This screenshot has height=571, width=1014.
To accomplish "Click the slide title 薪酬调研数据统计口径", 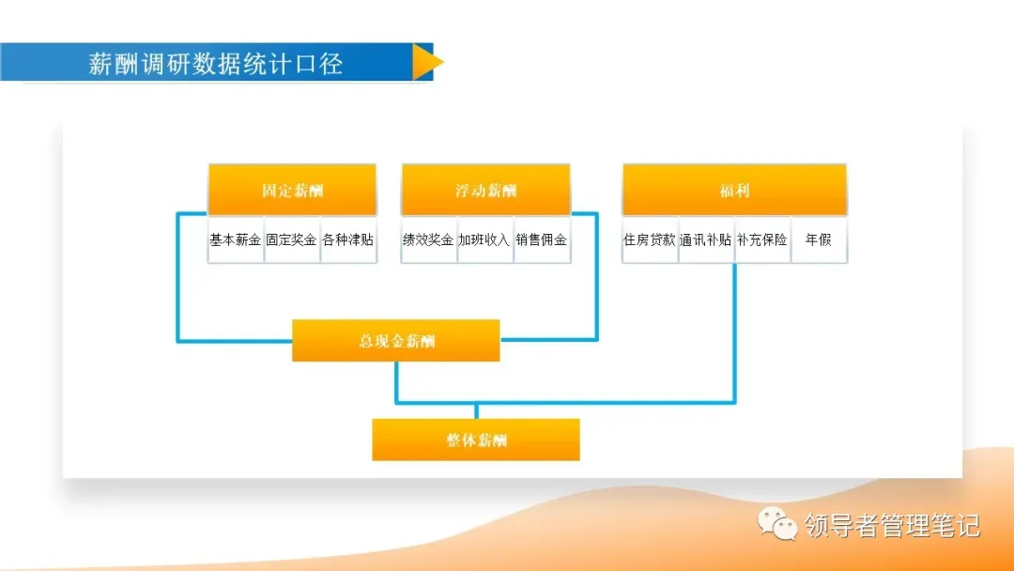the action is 215,63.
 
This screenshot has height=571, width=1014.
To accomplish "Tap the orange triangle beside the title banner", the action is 425,62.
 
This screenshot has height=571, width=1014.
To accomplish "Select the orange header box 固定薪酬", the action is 292,191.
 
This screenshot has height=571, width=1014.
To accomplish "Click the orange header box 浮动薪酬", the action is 485,191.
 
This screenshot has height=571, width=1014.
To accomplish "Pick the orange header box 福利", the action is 734,191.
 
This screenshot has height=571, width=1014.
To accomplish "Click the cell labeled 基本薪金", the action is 236,239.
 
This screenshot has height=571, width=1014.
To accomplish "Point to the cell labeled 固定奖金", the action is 292,239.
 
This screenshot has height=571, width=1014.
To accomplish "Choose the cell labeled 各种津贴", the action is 348,239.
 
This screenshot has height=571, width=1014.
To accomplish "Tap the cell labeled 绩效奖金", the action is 429,239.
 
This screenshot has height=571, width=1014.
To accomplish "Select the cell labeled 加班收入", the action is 485,239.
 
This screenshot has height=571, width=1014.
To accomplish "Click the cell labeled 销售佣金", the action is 542,239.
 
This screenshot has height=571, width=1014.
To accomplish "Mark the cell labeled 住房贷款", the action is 650,239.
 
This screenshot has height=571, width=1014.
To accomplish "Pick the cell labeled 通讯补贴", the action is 706,239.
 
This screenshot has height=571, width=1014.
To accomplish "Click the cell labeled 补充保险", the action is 762,239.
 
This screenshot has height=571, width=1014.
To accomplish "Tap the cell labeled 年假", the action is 819,239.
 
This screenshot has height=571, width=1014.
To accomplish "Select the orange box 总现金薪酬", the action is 396,341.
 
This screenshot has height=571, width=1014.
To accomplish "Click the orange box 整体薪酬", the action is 476,440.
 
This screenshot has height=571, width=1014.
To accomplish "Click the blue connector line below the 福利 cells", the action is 734,329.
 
